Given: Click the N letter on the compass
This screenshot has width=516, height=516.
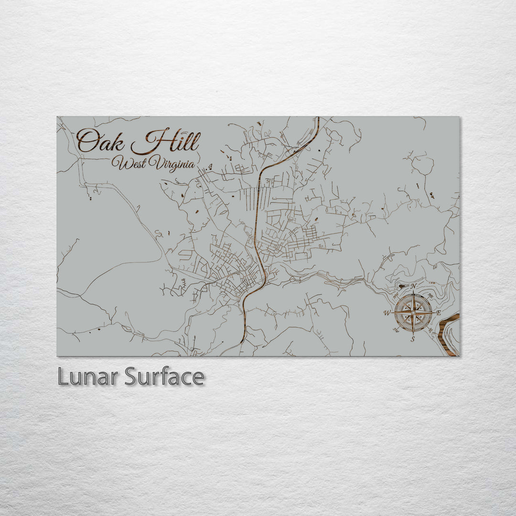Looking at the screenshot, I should coord(413,286).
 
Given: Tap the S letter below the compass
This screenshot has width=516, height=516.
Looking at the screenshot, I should coord(413,339).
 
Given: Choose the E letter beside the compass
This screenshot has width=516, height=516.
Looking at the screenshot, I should coord(439,313).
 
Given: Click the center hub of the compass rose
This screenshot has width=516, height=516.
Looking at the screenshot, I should coord(413,313).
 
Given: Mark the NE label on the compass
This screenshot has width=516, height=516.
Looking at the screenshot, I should coord(430,296).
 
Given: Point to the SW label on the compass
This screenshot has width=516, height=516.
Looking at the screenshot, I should coord(396,330).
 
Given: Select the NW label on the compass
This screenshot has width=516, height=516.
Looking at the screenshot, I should coord(396,296).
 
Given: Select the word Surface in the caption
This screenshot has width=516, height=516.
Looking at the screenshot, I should coord(164,377).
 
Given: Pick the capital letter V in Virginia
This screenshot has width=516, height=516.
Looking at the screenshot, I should coord(154,164).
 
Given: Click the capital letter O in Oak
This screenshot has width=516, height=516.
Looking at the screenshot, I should coord(86,141).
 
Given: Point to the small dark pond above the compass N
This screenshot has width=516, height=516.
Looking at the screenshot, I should coord(402,286).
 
